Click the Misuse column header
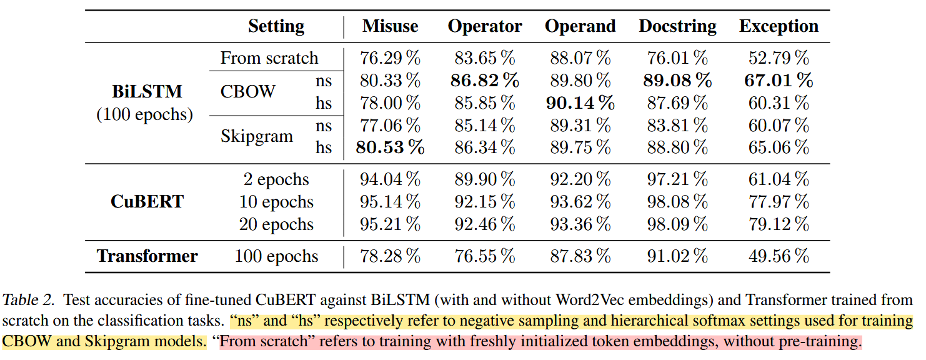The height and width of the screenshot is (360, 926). pos(390,26)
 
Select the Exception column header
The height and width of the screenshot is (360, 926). pos(779,26)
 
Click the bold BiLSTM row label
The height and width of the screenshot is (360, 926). pos(147,91)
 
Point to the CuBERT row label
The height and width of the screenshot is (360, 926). pos(147,202)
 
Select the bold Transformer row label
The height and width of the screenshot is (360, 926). pos(147,256)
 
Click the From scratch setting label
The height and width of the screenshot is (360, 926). pos(269,59)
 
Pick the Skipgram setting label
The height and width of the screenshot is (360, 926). pos(256,136)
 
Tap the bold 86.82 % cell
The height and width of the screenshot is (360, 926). pos(484,81)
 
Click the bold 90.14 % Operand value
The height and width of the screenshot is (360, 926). pos(580,103)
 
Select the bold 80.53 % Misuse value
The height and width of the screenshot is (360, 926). pos(390,148)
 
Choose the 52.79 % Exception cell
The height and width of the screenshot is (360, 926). pos(779,59)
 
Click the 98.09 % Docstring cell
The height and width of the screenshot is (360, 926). pos(677,224)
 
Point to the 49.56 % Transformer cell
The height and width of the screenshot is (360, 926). pos(779,256)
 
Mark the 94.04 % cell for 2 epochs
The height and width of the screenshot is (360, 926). pos(390,179)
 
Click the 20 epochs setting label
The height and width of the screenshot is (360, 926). pos(276,224)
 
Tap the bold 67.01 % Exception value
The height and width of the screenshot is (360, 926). pos(779,81)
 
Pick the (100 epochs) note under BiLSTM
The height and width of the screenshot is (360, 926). pos(144,115)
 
